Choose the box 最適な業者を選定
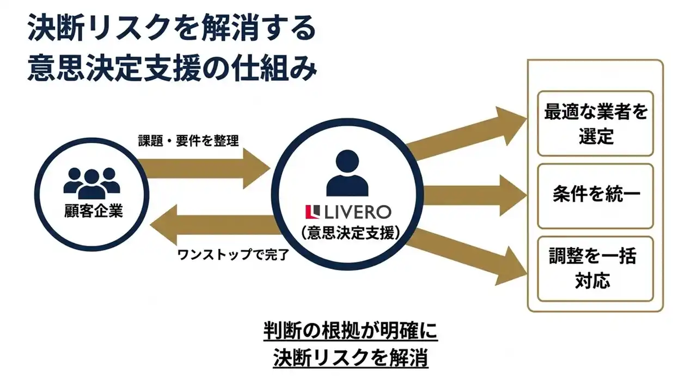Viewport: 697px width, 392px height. (595, 124)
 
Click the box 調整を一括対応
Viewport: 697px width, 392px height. (595, 269)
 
